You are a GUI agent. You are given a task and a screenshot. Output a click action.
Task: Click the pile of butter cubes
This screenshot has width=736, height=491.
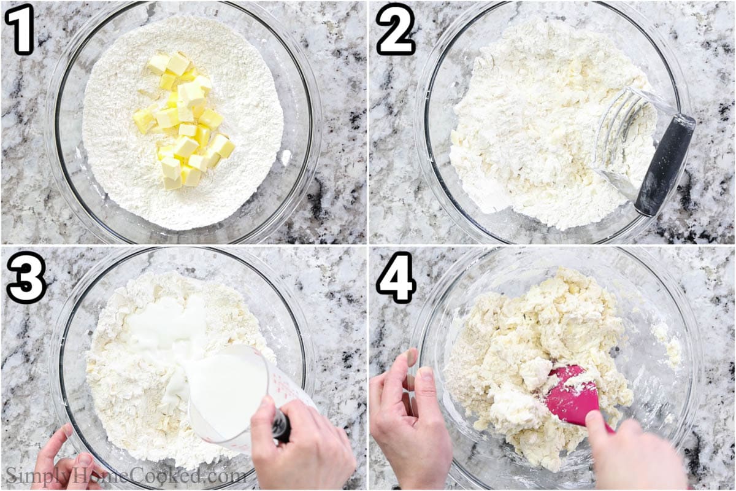[184, 121]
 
